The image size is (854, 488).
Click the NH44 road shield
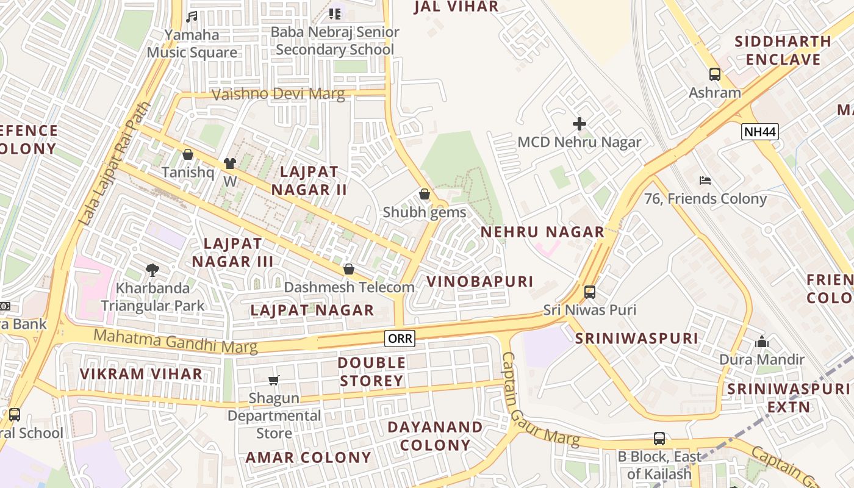click(760, 131)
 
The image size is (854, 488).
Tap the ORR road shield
click(400, 338)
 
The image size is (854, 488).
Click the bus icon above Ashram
click(714, 74)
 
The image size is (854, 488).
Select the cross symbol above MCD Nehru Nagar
click(579, 124)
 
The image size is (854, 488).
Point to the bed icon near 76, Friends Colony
click(705, 180)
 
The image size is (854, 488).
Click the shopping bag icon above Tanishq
click(188, 154)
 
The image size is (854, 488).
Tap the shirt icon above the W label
click(229, 163)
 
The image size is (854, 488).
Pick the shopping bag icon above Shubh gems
click(424, 195)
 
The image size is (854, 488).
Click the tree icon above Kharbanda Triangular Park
click(152, 269)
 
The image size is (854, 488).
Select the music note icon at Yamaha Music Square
click(192, 17)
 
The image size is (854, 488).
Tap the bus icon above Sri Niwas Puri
click(589, 292)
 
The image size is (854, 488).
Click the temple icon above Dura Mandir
click(761, 342)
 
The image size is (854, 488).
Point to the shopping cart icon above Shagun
click(274, 380)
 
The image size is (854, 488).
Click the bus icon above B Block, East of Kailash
click(659, 438)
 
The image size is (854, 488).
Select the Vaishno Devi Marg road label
click(278, 95)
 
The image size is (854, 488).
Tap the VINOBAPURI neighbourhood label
click(479, 281)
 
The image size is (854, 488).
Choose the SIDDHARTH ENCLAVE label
click(783, 51)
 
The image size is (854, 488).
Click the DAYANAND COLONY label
click(435, 436)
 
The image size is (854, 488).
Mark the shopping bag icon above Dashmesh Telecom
click(349, 269)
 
